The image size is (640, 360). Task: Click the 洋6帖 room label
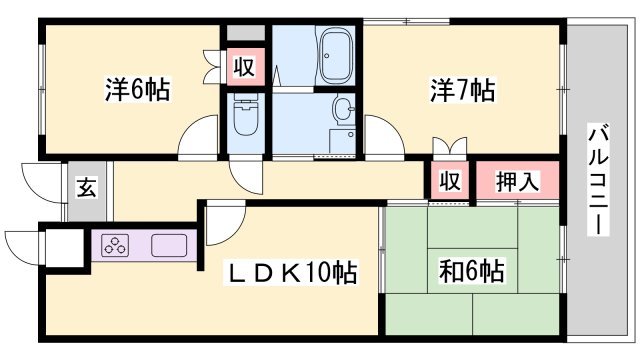click(x=138, y=89)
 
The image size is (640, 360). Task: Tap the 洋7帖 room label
click(x=462, y=89)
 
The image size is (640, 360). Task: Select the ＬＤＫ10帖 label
click(x=291, y=272)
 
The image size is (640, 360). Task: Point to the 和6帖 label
click(x=471, y=271)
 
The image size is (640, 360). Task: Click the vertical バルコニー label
click(x=598, y=181)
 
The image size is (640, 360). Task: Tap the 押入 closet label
click(x=518, y=181)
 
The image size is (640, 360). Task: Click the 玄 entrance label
click(x=87, y=188)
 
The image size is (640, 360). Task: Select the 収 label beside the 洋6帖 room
click(x=244, y=67)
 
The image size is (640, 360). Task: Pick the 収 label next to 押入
click(x=450, y=180)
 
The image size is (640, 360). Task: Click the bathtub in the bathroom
click(x=337, y=56)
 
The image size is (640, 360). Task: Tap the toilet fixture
click(x=245, y=113)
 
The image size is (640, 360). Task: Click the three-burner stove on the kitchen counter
click(x=116, y=245)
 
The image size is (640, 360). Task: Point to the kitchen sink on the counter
click(x=169, y=245)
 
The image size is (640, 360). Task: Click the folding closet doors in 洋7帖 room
click(x=450, y=146)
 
